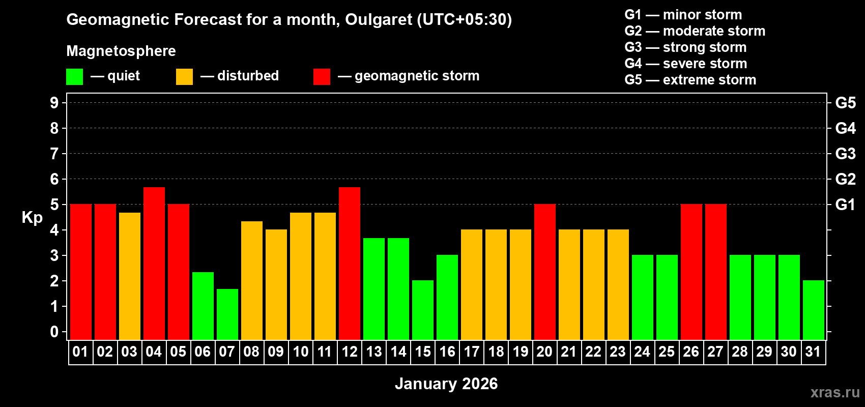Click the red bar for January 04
pos(154,263)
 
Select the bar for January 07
pos(227,314)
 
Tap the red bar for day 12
pos(350,263)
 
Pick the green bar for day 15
pos(423,310)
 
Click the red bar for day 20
pos(545,272)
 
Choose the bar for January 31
pos(814,310)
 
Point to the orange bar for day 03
pos(130,276)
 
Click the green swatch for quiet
pos(75,77)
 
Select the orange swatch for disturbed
pos(184,77)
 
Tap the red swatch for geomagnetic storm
pos(322,77)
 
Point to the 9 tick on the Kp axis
pos(54,103)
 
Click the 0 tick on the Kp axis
pos(54,332)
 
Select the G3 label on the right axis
pos(845,154)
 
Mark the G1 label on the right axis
pos(845,205)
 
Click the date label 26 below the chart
pos(691,352)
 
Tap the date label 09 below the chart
pos(276,352)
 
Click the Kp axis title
pos(32,218)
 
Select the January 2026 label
pos(446,384)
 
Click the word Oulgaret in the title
pos(378,20)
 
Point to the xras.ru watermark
pos(835,392)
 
